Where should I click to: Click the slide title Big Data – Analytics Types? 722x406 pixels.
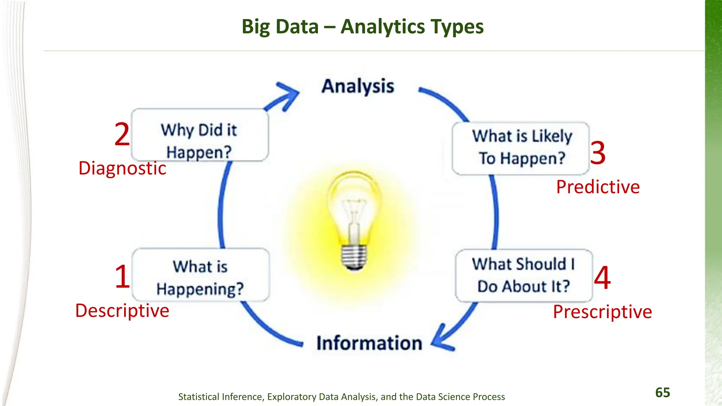point(362,27)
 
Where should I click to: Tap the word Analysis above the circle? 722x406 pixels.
point(358,87)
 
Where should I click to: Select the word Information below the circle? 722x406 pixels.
point(369,343)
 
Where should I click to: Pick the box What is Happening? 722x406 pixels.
point(200,275)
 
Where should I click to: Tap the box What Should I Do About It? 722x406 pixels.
point(524,275)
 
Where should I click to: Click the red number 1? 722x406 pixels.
point(122,277)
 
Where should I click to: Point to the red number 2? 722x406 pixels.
point(122,134)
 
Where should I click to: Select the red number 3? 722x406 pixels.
point(598,153)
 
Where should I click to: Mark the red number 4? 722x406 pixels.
point(602,278)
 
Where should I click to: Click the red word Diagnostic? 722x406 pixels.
point(122,168)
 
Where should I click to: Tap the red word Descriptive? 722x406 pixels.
point(122,311)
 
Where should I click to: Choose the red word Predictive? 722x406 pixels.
point(598,187)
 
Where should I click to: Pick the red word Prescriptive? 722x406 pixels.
point(602,312)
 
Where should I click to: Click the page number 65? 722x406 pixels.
point(662,393)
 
